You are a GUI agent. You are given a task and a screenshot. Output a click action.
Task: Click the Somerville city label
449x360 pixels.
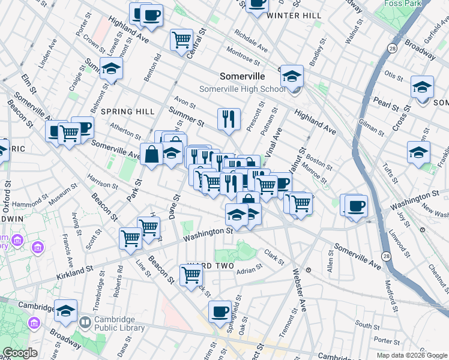coord(242,76)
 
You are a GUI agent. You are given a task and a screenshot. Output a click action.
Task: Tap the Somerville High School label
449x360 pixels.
coord(243,89)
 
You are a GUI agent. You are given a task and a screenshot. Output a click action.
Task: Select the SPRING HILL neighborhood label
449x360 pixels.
coord(128,112)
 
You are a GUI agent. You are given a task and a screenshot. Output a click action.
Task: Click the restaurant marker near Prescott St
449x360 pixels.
coord(229,120)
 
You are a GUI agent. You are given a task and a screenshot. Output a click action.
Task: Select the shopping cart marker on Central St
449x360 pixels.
coord(181,40)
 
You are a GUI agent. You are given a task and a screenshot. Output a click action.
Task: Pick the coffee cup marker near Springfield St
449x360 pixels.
coord(220,311)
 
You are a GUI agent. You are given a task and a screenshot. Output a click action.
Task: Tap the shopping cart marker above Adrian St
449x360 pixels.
coord(191,275)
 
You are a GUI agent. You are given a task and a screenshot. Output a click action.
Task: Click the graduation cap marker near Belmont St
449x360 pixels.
coord(111,70)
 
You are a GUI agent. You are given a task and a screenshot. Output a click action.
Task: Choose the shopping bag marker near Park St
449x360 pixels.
coord(152,154)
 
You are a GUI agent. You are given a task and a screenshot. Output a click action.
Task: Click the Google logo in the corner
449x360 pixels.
coord(20,353)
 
